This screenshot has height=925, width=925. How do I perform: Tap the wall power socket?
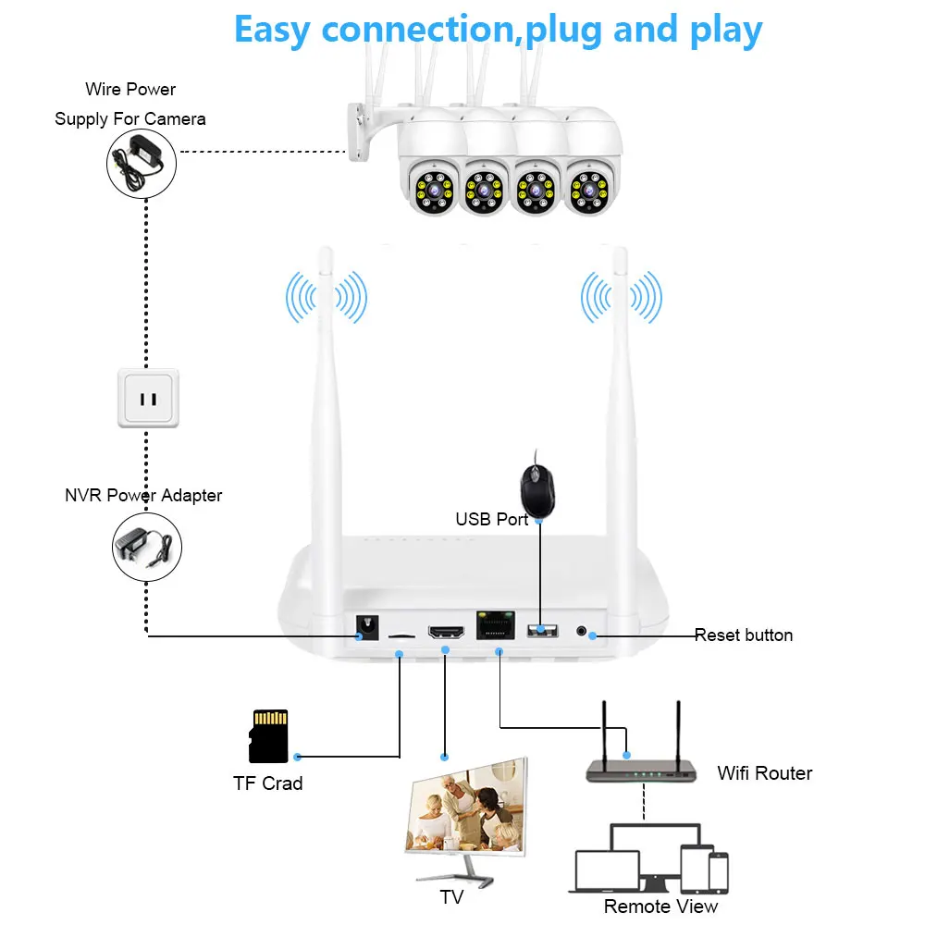[x=148, y=399]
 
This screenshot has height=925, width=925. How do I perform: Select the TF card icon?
[x=269, y=736]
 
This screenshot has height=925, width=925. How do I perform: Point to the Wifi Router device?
[x=642, y=768]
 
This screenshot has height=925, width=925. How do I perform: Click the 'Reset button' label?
[x=744, y=635]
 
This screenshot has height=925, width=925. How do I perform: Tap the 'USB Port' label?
[x=491, y=520]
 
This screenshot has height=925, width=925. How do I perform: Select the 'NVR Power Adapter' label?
[x=143, y=496]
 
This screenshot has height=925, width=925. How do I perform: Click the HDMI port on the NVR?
[x=446, y=634]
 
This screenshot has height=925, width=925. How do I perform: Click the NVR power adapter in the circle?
[x=144, y=548]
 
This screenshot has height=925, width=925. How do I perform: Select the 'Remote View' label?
[x=660, y=906]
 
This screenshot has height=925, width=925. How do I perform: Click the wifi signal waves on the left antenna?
[x=326, y=298]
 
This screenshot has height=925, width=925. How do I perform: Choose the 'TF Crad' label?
[x=267, y=783]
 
